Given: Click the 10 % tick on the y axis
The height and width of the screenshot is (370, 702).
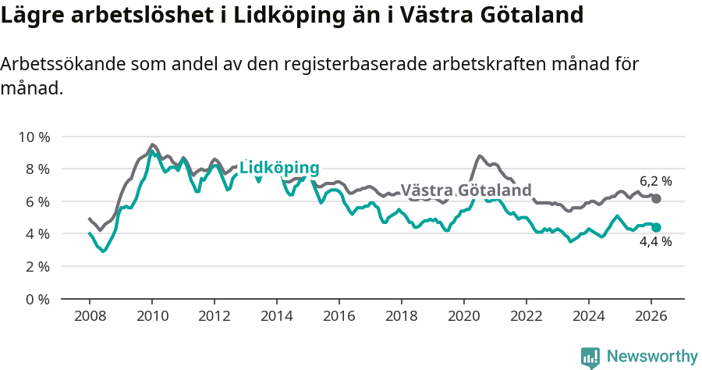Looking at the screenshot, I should coord(33,137).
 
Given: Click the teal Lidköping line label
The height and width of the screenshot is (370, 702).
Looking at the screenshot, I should coord(279,168).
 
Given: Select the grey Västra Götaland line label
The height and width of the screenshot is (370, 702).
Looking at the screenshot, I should coord(466,190).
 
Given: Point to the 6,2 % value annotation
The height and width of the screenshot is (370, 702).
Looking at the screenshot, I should coord(656,181).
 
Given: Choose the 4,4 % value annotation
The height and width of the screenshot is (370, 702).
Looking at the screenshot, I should coord(656,242).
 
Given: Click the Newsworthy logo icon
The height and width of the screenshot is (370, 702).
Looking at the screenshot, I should coord(590,358).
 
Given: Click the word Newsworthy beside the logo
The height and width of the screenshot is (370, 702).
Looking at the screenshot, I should coord(651,357).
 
